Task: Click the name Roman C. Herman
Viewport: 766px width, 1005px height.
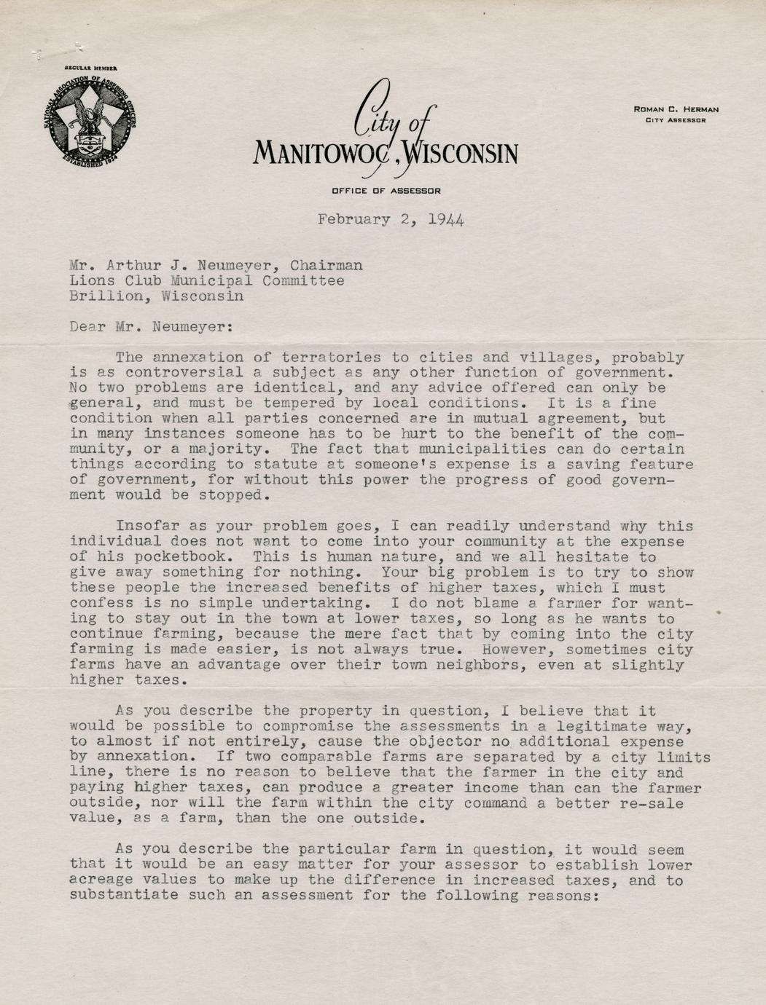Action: pos(676,109)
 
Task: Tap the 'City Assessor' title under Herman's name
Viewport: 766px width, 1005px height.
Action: pos(676,120)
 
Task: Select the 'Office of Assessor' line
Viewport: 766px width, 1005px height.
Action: pos(386,191)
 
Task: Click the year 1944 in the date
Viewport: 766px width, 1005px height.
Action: pos(446,219)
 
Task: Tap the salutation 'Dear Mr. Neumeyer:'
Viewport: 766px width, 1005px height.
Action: pos(152,327)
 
